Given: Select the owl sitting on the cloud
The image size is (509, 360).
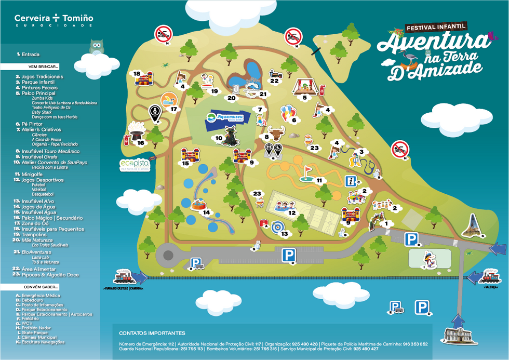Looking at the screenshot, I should point(96,47).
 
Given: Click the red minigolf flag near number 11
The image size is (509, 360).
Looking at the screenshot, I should point(307,170).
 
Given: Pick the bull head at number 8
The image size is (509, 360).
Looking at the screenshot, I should point(276,134).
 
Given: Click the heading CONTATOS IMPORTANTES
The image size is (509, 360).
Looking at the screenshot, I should point(152,333).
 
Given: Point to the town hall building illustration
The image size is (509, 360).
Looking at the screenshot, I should point(458,337).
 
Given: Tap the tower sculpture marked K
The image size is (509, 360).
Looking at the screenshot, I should point(473,225).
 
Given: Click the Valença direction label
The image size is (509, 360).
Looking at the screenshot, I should point(490,287).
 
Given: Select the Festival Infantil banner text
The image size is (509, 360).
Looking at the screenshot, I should point(436,26).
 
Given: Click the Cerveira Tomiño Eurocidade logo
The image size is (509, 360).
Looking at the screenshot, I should point(54,20).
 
